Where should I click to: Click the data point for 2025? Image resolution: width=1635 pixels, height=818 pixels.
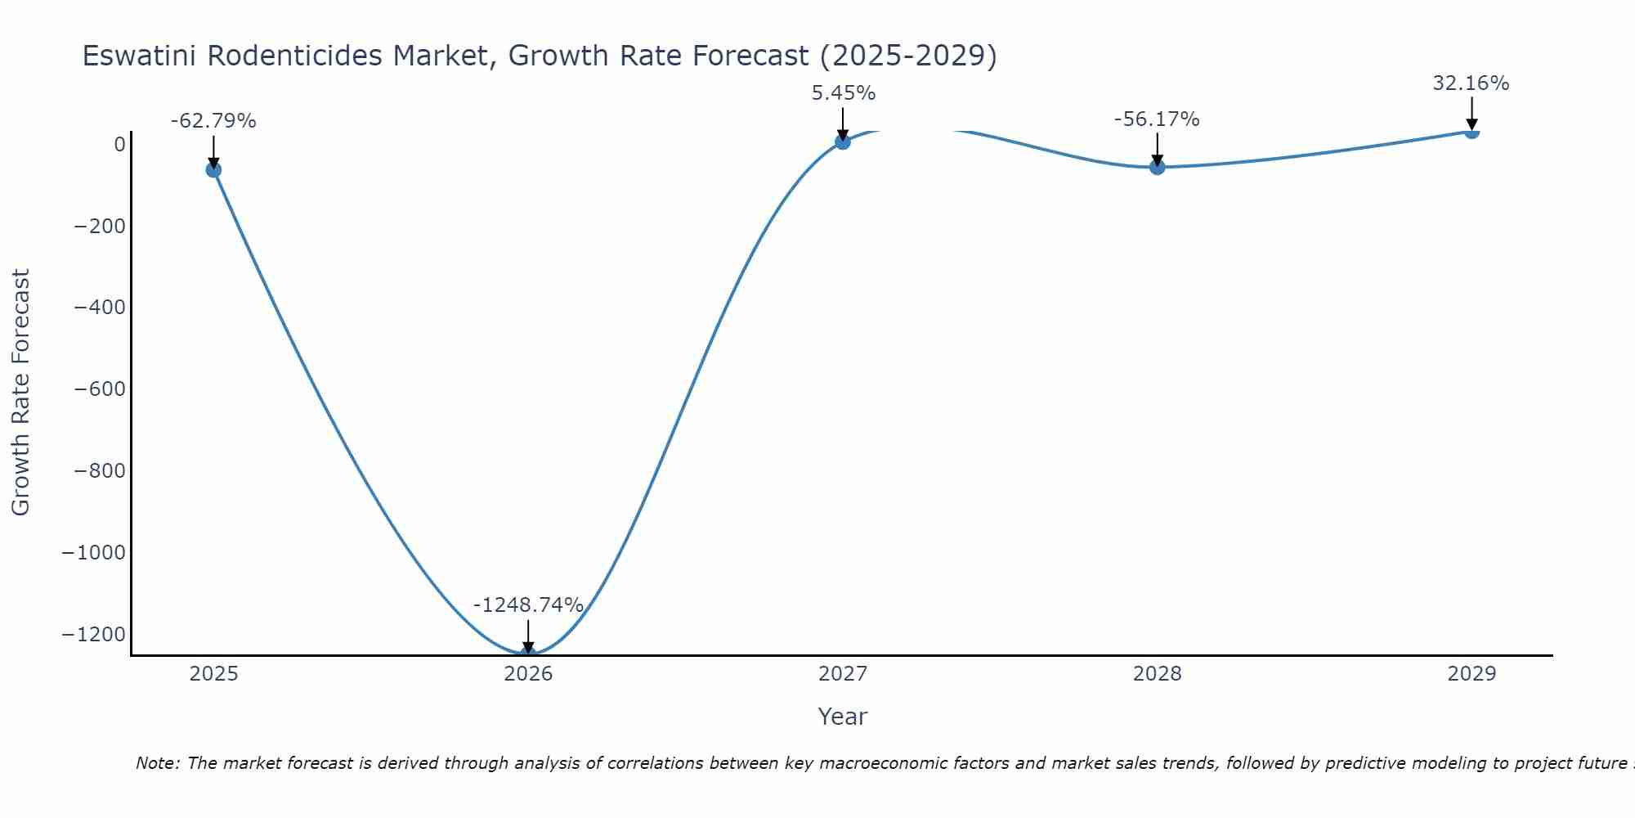pos(213,169)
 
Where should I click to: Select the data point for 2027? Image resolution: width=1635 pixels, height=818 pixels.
pos(843,142)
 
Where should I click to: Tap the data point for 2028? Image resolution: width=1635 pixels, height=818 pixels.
pos(1157,167)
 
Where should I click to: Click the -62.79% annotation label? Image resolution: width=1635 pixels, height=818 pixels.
pos(213,121)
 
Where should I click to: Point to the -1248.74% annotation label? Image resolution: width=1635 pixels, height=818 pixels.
pos(528,605)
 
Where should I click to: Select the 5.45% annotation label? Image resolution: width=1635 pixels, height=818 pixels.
pos(843,93)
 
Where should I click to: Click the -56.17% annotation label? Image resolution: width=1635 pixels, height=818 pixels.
pos(1157,119)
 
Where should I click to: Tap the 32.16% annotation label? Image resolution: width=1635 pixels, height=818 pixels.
pos(1471,83)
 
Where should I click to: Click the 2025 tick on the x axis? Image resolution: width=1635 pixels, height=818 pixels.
pos(213,674)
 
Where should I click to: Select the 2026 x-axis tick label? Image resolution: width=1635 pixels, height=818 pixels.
pos(528,674)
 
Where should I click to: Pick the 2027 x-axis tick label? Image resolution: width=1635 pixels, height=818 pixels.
pos(843,674)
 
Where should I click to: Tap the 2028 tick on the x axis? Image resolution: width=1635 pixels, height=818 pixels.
pos(1157,674)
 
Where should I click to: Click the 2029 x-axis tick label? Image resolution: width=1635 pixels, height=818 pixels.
pos(1471,674)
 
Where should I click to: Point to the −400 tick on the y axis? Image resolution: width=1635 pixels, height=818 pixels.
pos(100,308)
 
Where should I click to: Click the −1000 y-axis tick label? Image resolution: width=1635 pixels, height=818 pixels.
pos(94,553)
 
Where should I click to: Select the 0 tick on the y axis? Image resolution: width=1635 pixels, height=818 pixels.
pos(120,145)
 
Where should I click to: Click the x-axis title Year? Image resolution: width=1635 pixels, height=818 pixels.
pos(842,717)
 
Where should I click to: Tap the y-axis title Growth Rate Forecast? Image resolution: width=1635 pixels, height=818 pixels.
pos(20,392)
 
